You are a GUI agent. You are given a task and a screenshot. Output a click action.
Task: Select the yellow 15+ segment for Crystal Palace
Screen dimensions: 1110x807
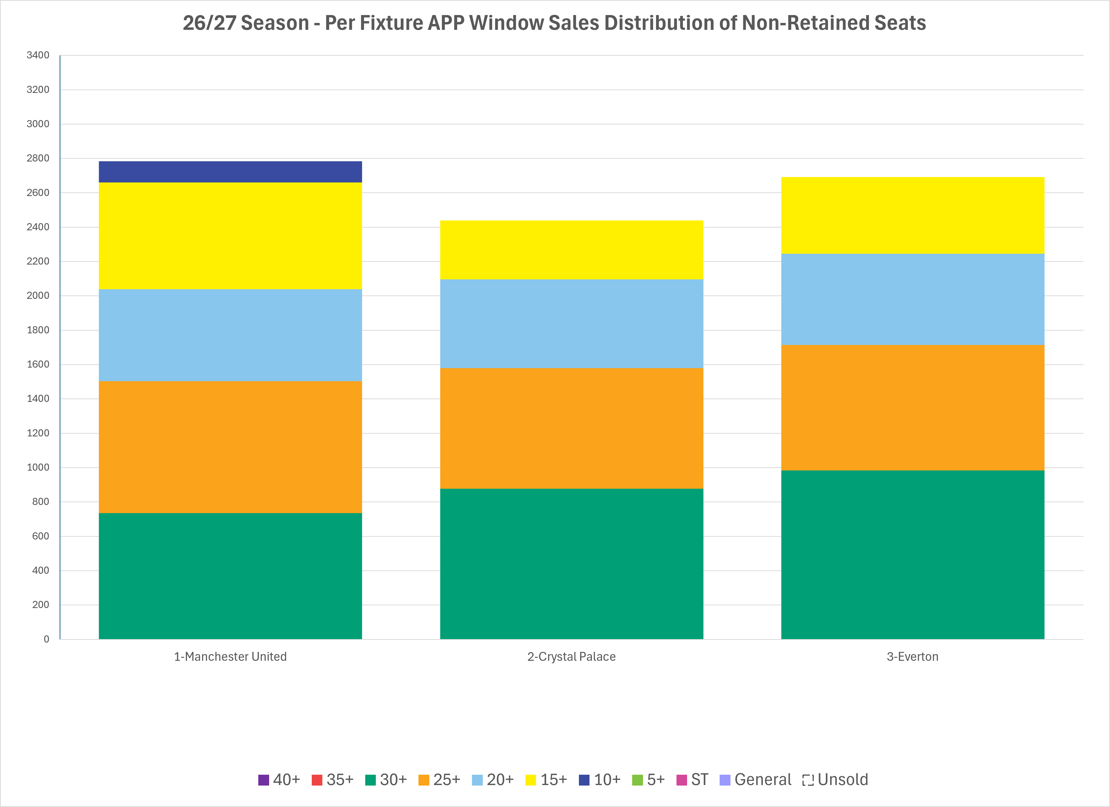click(572, 250)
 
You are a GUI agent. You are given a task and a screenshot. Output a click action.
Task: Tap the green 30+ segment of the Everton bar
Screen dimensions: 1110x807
click(913, 555)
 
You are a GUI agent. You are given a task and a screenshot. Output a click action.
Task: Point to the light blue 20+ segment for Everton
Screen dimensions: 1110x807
click(913, 299)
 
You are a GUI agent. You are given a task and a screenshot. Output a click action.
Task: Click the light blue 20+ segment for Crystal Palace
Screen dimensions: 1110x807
click(572, 324)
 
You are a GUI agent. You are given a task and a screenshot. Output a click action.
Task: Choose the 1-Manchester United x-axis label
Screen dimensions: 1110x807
click(230, 657)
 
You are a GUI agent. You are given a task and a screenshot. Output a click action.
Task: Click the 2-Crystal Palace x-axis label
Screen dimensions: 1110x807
click(572, 657)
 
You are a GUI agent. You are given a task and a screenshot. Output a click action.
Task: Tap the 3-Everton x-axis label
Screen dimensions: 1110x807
click(913, 657)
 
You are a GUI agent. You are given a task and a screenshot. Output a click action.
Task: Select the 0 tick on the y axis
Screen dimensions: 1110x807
click(47, 639)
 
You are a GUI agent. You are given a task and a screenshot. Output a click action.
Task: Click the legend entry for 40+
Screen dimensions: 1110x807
click(279, 780)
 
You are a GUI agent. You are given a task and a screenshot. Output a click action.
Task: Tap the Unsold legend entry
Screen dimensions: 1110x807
click(835, 780)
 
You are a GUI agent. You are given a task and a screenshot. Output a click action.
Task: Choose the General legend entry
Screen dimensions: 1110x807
click(755, 780)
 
